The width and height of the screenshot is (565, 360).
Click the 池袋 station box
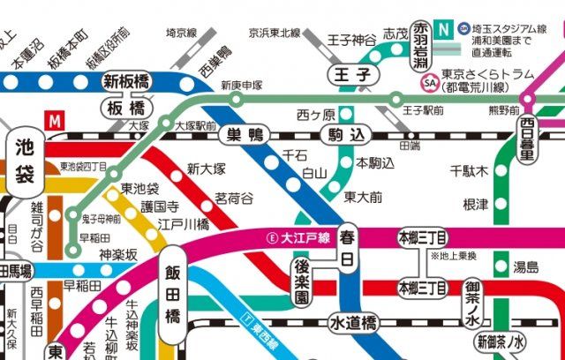click(x=25, y=161)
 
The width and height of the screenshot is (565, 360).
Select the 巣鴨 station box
click(x=245, y=135)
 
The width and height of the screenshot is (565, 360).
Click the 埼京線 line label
click(x=181, y=34)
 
